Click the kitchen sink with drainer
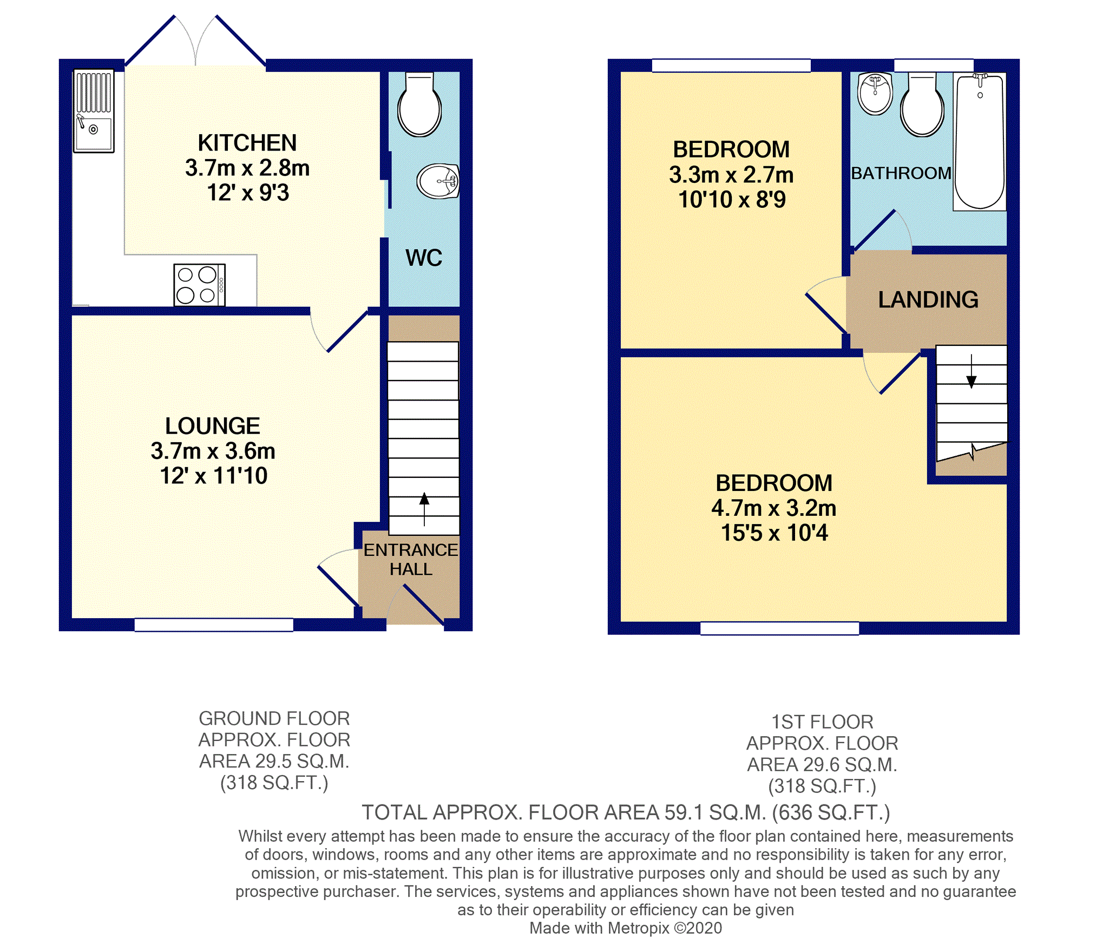click(94, 111)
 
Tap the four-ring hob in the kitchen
click(199, 285)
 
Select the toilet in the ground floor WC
click(419, 106)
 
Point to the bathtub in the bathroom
click(979, 142)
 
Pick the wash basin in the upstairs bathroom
click(875, 94)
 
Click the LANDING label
click(928, 300)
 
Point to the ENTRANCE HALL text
click(411, 560)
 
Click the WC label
click(424, 258)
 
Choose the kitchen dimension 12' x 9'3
click(248, 193)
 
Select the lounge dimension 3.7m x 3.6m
click(213, 451)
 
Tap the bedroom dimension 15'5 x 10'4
click(774, 533)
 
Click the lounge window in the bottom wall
click(214, 625)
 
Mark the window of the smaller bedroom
click(731, 65)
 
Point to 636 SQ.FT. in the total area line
click(831, 812)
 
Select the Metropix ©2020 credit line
click(625, 928)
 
